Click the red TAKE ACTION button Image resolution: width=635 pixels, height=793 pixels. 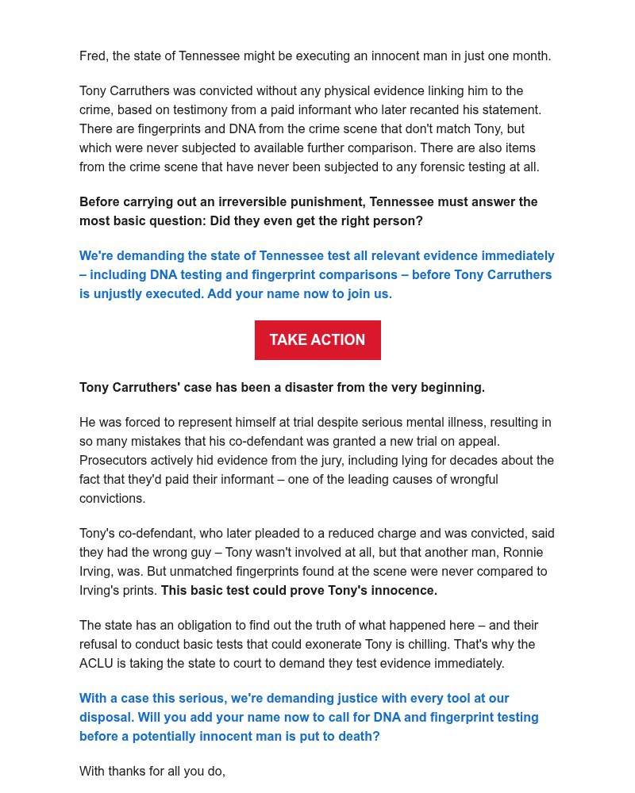point(317,340)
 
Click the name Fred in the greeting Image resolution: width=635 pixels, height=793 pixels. point(93,56)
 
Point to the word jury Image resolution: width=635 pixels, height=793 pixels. point(349,461)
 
